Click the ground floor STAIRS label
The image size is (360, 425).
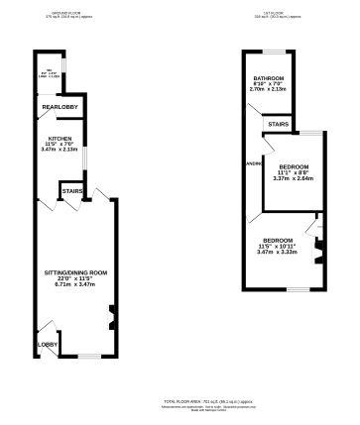(x=70, y=190)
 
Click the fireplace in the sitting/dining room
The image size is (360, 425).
(x=111, y=319)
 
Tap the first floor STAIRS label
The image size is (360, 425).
(x=278, y=122)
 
